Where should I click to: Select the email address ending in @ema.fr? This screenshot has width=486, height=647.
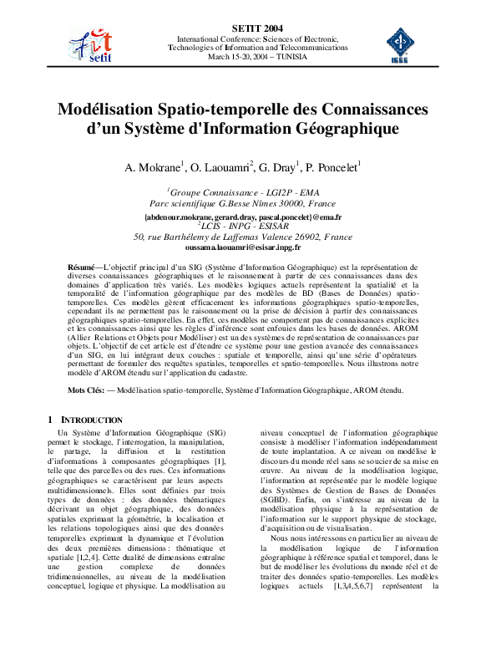point(243,217)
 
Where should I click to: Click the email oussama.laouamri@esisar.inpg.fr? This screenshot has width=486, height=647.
point(243,247)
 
